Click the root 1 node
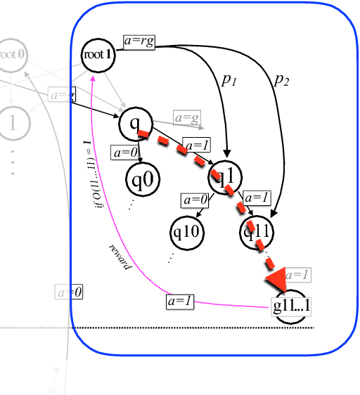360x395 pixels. pyautogui.click(x=98, y=53)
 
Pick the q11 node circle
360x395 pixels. pyautogui.click(x=257, y=233)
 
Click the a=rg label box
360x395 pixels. pyautogui.click(x=139, y=42)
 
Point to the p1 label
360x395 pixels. pyautogui.click(x=229, y=80)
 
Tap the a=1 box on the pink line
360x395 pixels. pyautogui.click(x=179, y=302)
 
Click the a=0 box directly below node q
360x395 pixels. pyautogui.click(x=125, y=151)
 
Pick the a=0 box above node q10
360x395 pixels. pyautogui.click(x=195, y=200)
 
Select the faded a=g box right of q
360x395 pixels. pyautogui.click(x=187, y=118)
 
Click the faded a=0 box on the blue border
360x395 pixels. pyautogui.click(x=69, y=291)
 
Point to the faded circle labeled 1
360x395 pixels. pyautogui.click(x=11, y=122)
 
